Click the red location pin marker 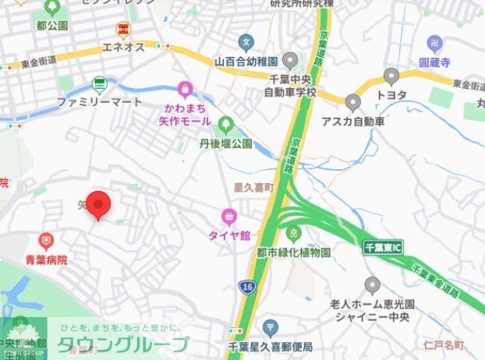click(x=97, y=205)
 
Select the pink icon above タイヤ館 click(x=228, y=216)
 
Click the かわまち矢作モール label click(x=184, y=115)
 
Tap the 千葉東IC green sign click(x=383, y=248)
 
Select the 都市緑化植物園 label click(x=293, y=252)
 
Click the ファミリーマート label click(x=99, y=102)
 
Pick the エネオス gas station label click(x=123, y=48)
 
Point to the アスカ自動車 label click(x=353, y=122)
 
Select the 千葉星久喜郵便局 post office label click(x=270, y=346)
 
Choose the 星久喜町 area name click(x=255, y=188)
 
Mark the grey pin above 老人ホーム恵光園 click(x=372, y=285)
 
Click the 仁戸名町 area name click(x=444, y=344)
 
